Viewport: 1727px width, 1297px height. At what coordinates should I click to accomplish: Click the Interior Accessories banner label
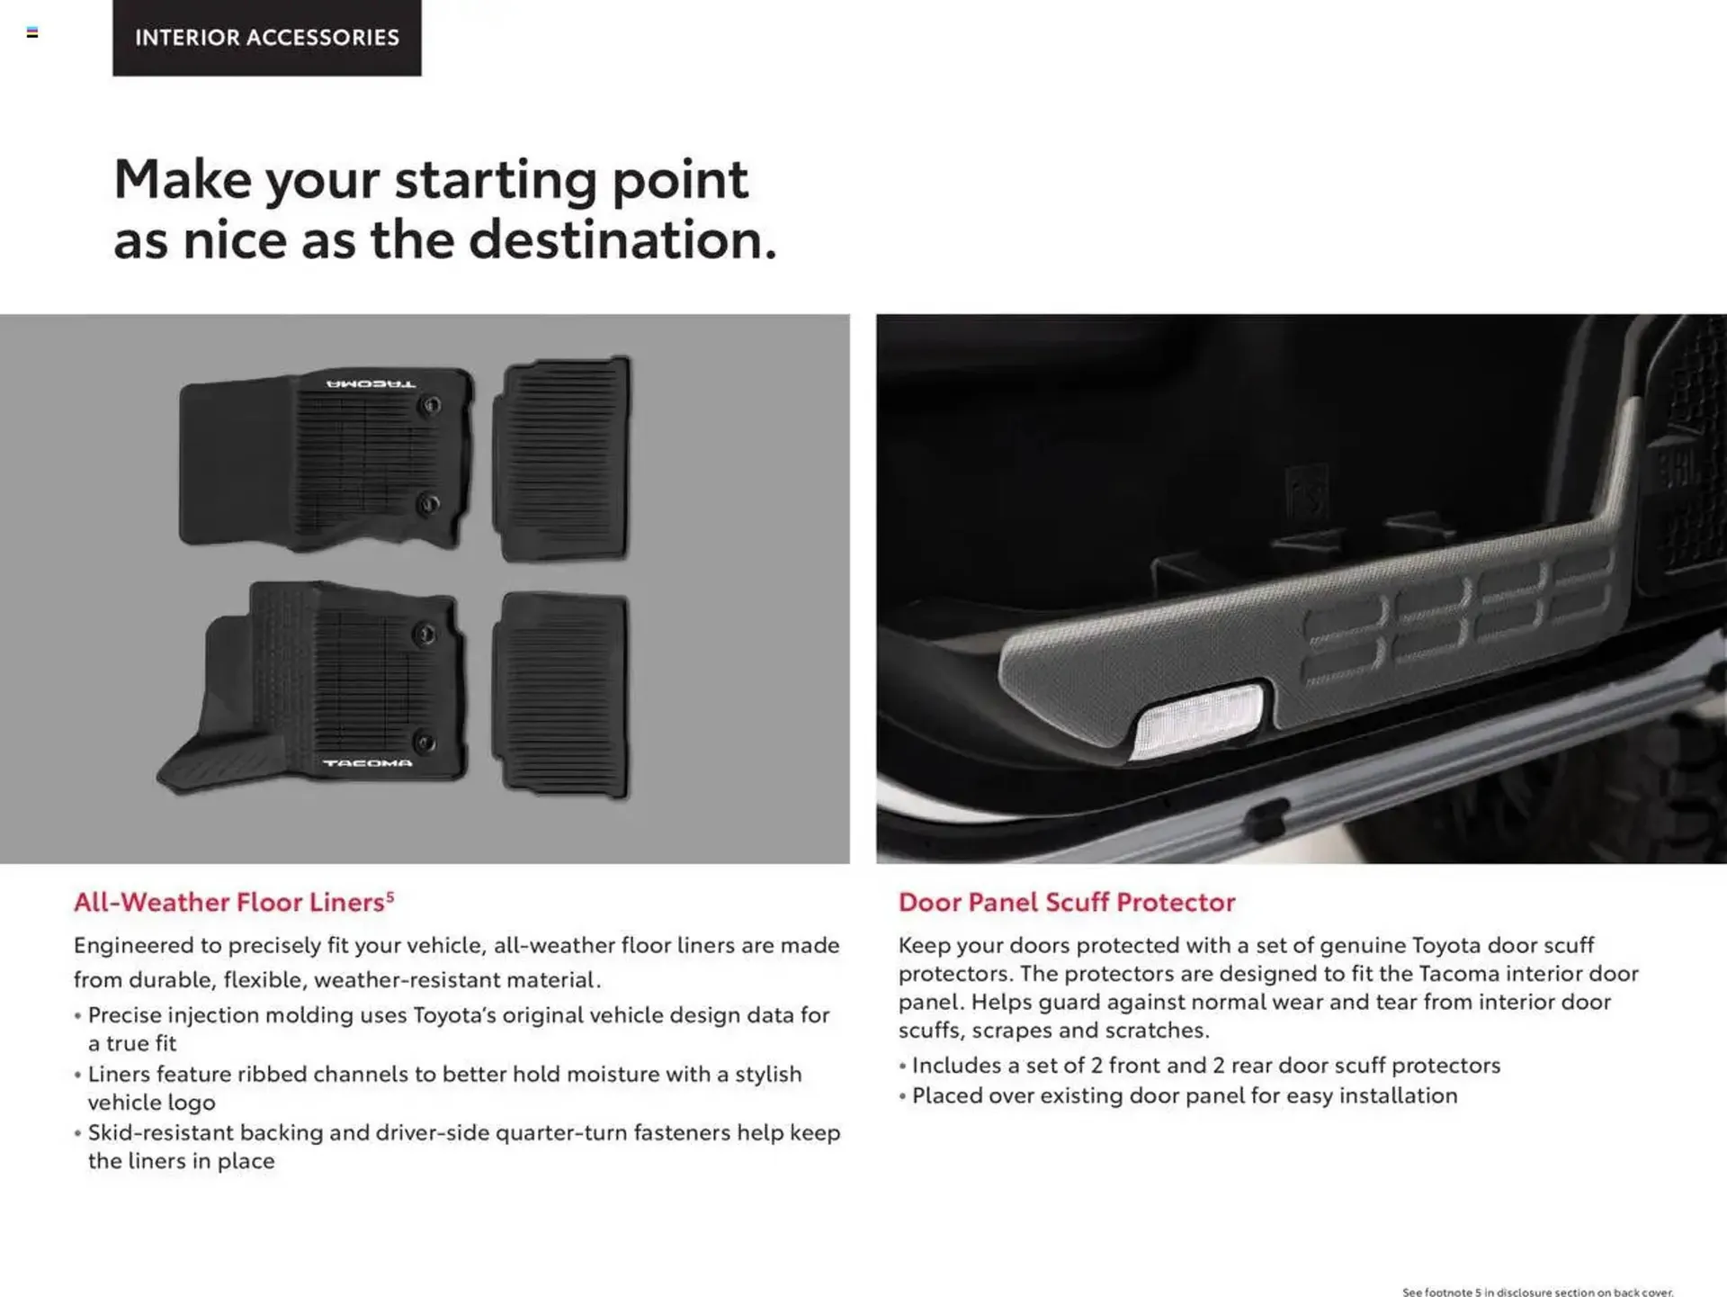[266, 37]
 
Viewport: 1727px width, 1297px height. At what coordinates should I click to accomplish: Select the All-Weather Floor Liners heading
[229, 902]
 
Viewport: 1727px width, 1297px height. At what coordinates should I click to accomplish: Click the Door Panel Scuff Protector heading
[1067, 902]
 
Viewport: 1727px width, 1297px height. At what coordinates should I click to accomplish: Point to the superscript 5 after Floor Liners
[390, 896]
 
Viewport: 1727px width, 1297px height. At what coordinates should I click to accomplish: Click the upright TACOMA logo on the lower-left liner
[368, 763]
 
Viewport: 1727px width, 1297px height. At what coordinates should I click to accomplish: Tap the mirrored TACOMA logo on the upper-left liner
[371, 384]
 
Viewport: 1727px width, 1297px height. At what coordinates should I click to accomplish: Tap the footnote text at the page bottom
[1537, 1292]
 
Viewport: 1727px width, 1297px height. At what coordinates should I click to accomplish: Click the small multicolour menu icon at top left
[32, 32]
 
